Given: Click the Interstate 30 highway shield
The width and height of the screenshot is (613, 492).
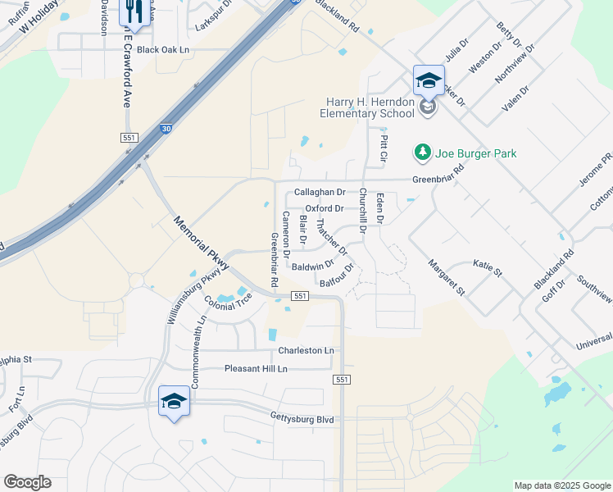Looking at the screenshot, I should click(x=166, y=129).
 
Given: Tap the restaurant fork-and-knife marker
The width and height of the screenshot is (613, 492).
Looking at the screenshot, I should click(x=131, y=11).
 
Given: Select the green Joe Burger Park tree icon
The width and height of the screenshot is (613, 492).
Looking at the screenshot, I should click(x=423, y=153).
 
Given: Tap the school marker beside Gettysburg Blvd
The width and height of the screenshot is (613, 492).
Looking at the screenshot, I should click(x=173, y=401).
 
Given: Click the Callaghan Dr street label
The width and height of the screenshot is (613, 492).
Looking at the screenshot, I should click(x=320, y=192).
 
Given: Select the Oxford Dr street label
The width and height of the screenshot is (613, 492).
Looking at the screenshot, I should click(x=325, y=208).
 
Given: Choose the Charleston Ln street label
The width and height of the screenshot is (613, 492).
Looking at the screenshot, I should click(x=306, y=350).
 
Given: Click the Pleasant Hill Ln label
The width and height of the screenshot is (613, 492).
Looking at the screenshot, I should click(x=257, y=369).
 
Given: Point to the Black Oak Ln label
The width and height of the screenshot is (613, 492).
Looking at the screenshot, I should click(x=163, y=50).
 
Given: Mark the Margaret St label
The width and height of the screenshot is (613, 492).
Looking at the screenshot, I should click(x=447, y=277).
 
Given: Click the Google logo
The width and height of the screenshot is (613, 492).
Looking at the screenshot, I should click(x=27, y=482).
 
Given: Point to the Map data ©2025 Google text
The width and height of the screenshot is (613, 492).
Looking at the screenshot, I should click(x=562, y=485).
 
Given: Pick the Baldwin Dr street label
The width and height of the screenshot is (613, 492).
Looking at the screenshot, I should click(x=312, y=266).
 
